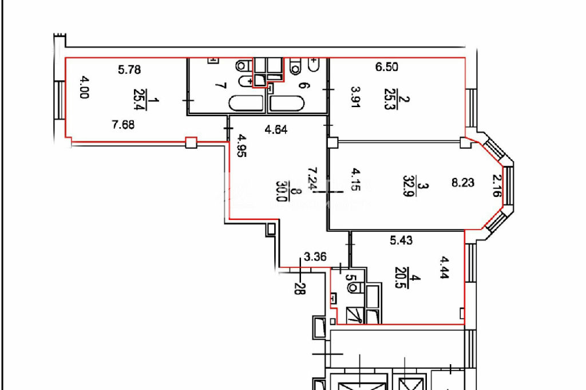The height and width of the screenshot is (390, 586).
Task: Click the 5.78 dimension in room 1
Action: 129,69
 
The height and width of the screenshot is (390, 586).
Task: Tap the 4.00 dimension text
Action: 84,87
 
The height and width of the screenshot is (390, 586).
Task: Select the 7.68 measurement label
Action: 123,124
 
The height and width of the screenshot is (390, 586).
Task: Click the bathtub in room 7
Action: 246,104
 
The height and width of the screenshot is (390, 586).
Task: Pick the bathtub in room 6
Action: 287,104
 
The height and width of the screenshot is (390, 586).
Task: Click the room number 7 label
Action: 221,86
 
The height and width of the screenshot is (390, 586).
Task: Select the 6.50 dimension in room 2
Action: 387,67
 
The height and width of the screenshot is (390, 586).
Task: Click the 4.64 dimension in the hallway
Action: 276,130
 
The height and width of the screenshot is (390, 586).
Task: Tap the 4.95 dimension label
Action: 242,145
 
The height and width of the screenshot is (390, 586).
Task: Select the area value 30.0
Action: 282,191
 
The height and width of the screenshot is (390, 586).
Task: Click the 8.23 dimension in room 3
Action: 462,183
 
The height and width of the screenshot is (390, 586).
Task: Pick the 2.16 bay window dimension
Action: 496,186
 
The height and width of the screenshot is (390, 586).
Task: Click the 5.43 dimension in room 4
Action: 401,240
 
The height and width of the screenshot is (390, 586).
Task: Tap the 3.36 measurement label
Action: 315,257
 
